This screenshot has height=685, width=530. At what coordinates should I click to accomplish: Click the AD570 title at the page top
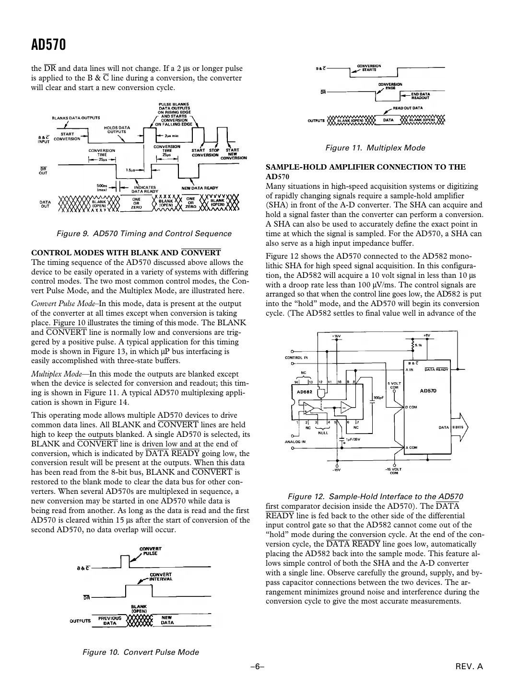coord(48,45)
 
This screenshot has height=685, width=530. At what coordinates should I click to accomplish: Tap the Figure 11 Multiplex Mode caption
coord(375,148)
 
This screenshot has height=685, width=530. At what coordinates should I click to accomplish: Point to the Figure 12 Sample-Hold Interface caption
coord(375,496)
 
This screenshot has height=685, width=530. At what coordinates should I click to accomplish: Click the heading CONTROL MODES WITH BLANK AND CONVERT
coord(126,252)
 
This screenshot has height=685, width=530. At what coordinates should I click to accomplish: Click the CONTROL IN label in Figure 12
coord(296,357)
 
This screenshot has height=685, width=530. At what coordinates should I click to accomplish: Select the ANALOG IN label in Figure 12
coord(295,442)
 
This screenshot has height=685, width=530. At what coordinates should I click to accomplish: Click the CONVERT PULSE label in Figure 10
coord(150,551)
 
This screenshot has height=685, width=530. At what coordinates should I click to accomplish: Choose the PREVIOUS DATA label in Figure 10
coord(110,620)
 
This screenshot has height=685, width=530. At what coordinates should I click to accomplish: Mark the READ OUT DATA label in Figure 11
coord(408,108)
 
